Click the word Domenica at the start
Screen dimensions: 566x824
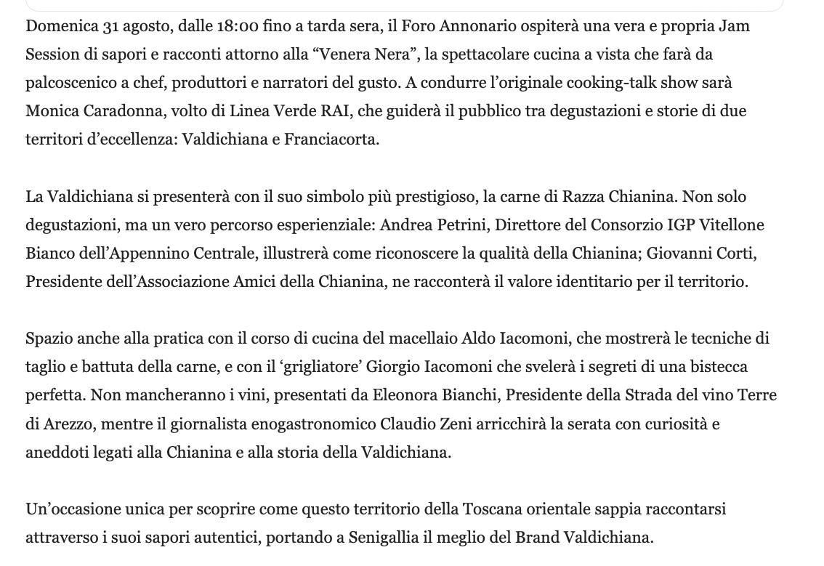pos(62,26)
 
